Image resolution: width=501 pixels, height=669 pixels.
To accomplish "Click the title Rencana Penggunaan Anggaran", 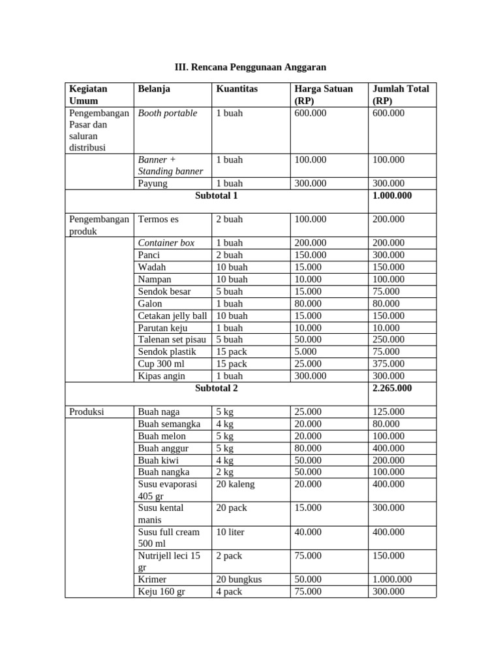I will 250,67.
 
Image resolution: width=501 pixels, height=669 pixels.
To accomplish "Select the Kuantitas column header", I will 237,89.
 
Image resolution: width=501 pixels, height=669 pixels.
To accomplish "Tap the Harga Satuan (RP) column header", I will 324,95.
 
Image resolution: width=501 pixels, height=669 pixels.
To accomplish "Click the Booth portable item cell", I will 168,113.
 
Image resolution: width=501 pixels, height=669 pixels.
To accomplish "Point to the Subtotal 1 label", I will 217,195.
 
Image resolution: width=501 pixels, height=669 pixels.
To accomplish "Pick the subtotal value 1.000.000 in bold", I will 391,195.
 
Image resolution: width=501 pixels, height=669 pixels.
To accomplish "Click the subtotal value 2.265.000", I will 391,388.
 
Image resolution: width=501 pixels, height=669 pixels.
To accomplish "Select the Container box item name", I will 166,243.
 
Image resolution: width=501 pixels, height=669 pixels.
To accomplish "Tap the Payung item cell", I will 153,184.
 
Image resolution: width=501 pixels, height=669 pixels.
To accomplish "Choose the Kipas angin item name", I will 162,376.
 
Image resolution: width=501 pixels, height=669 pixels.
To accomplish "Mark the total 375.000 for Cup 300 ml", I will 388,364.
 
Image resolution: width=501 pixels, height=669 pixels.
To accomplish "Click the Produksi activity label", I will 89,412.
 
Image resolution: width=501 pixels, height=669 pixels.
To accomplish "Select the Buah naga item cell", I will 159,412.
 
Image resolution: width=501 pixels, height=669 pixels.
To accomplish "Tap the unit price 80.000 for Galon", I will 308,304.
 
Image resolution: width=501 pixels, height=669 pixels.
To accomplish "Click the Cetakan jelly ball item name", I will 172,316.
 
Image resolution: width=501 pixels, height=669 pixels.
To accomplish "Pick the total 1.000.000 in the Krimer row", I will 391,579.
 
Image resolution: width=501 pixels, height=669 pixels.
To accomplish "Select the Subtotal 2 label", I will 217,388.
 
